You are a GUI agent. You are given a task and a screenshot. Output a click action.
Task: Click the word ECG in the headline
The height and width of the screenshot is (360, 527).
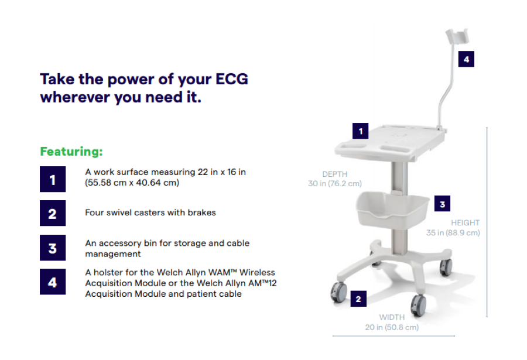(x=231, y=79)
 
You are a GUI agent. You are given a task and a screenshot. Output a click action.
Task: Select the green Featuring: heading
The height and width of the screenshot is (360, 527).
(x=71, y=151)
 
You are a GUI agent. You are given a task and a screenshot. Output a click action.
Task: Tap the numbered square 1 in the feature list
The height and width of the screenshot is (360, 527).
(x=53, y=179)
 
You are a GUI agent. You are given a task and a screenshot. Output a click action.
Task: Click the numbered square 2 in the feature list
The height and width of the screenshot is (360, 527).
(x=53, y=213)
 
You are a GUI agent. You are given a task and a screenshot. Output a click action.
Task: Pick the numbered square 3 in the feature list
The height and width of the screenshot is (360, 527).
(x=53, y=248)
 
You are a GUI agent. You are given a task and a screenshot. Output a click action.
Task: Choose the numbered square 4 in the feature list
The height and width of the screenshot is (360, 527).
(x=53, y=282)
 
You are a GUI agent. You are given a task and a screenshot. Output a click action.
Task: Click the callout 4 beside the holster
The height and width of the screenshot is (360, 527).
(x=466, y=59)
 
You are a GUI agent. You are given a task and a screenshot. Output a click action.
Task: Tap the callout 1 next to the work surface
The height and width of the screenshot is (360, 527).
(x=360, y=131)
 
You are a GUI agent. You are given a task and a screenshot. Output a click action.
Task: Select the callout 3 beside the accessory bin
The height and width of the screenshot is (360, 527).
(x=442, y=204)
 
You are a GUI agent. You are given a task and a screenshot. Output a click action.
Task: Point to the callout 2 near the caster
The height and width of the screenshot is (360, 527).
(x=358, y=299)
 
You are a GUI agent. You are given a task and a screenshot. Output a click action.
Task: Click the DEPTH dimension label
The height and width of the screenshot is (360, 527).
(x=335, y=174)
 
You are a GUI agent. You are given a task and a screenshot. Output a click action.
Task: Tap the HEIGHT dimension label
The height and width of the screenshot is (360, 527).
(x=465, y=222)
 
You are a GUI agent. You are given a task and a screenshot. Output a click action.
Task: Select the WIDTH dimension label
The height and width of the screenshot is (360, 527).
(x=392, y=317)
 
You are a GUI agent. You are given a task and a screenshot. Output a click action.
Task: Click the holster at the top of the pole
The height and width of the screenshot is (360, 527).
(x=457, y=36)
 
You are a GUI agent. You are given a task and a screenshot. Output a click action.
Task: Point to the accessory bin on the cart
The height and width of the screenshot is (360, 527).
(x=392, y=209)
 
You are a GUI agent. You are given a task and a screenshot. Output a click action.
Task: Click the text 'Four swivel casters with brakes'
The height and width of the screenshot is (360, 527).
(x=150, y=212)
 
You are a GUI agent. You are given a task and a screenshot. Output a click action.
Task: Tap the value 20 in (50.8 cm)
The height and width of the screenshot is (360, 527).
(x=392, y=327)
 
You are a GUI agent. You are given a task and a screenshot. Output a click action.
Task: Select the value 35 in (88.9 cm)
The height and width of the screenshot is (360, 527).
(x=453, y=232)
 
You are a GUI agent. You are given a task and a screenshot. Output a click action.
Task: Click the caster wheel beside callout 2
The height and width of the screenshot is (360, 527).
(x=339, y=292)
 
